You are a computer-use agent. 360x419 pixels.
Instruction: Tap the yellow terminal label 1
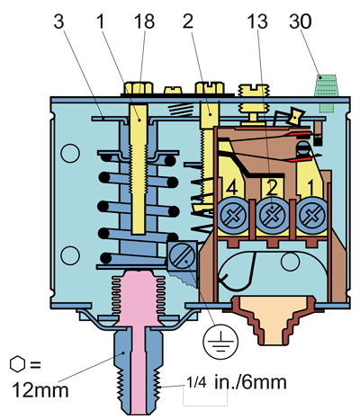point(310,187)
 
